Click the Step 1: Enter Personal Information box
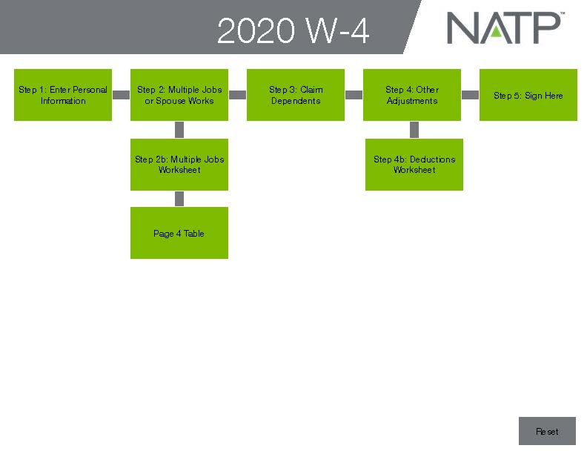coord(63,95)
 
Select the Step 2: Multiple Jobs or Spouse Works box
coord(179,95)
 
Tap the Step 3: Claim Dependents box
coord(296,95)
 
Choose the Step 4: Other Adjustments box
coord(412,95)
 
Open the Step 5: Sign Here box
coord(528,95)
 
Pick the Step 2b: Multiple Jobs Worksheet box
coord(179,165)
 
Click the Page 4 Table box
coord(179,233)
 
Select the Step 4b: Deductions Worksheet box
coord(414,165)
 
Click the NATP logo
coord(504,28)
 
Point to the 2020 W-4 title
coord(293,32)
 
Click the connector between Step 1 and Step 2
coord(121,95)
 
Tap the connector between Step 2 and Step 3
coord(237,95)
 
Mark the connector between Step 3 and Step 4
coord(354,95)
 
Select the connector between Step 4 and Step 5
coord(470,95)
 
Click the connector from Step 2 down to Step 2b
coord(179,130)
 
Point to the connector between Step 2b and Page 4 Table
coord(179,199)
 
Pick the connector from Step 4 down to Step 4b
coord(414,130)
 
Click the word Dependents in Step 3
coord(296,101)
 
